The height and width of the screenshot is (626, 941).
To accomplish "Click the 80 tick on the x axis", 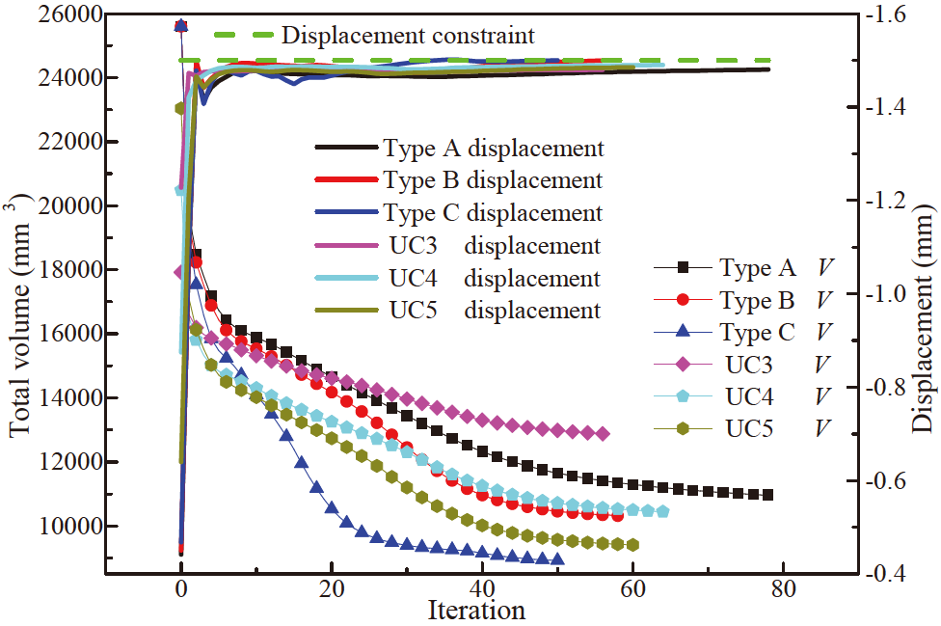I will (x=782, y=587).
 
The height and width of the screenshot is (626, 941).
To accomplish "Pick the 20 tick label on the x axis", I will (x=331, y=587).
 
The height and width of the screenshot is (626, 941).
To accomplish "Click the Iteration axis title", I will (x=477, y=611).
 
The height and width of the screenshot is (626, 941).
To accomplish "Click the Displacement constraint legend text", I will (x=407, y=37).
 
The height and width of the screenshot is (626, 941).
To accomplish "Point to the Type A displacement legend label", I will (x=493, y=149).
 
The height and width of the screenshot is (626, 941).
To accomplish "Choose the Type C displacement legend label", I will (x=493, y=213).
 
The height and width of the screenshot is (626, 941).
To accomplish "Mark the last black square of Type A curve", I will (x=767, y=495).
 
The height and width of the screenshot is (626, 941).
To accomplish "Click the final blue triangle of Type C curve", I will (x=556, y=559).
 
